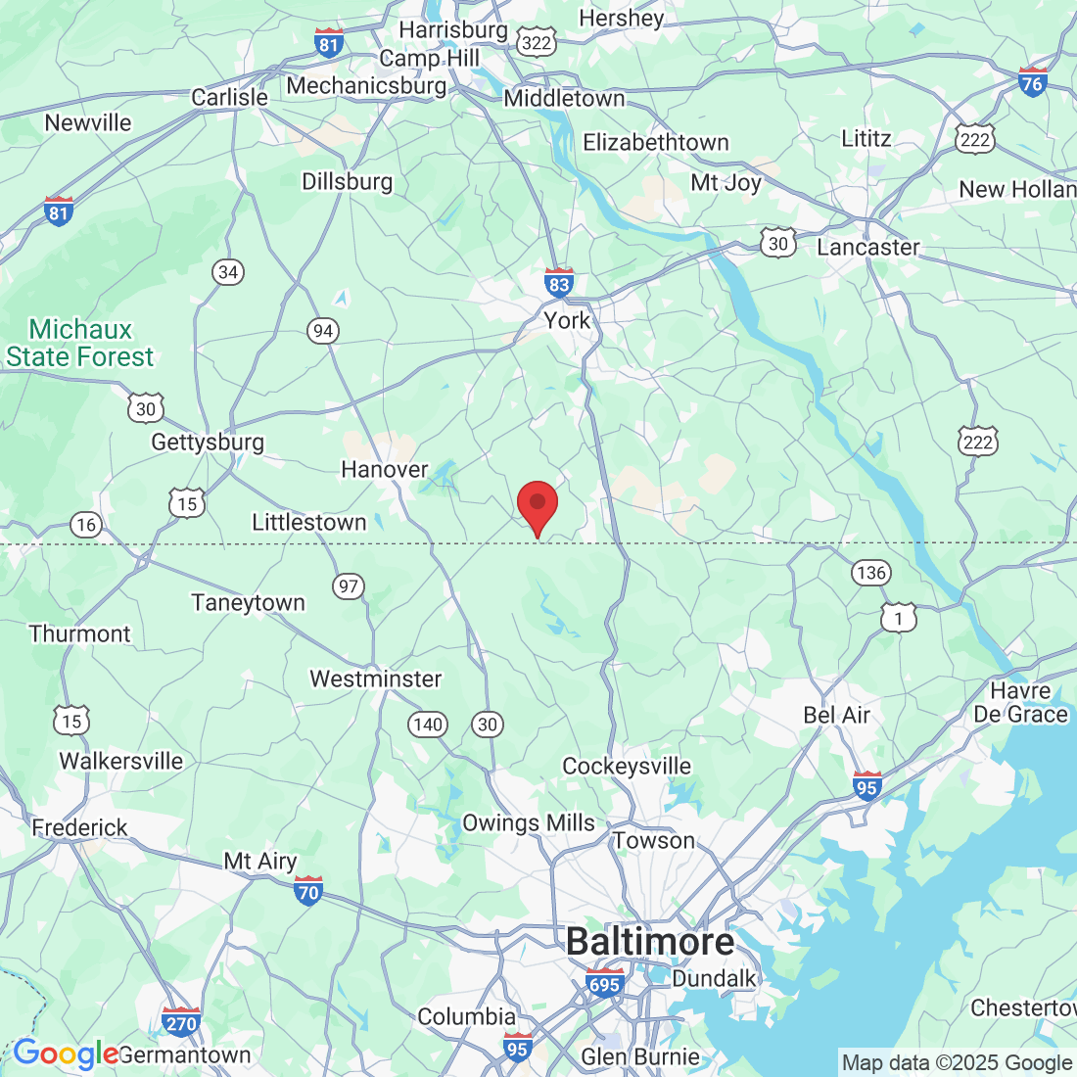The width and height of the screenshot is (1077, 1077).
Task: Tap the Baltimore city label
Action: click(x=650, y=942)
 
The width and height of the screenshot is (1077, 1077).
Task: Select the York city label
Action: click(x=568, y=320)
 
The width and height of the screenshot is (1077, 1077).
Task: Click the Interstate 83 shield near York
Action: click(x=559, y=283)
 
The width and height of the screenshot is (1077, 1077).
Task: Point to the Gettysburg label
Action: click(x=208, y=443)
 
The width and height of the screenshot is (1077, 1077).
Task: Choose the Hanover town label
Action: click(x=385, y=470)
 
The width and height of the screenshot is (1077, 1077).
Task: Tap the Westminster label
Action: click(x=376, y=679)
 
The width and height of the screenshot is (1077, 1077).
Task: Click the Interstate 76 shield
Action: click(x=1032, y=82)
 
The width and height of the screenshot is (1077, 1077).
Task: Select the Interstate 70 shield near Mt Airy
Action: click(x=308, y=891)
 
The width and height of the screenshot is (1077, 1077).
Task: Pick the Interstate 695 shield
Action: click(x=604, y=983)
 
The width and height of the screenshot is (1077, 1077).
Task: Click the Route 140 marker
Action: click(x=428, y=725)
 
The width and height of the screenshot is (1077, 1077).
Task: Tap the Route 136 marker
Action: click(x=870, y=573)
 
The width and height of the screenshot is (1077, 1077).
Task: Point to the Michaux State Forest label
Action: click(x=80, y=343)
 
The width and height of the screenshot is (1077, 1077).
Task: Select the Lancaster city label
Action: click(x=868, y=247)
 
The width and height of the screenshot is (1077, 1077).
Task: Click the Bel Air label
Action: click(x=837, y=715)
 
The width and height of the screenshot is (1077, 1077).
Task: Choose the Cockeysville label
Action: click(x=627, y=766)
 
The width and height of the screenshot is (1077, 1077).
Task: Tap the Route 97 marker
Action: click(x=349, y=586)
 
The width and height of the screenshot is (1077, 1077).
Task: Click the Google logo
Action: click(x=65, y=1054)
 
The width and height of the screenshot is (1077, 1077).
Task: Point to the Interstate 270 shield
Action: click(x=181, y=1022)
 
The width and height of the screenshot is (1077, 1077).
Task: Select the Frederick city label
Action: click(x=80, y=828)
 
